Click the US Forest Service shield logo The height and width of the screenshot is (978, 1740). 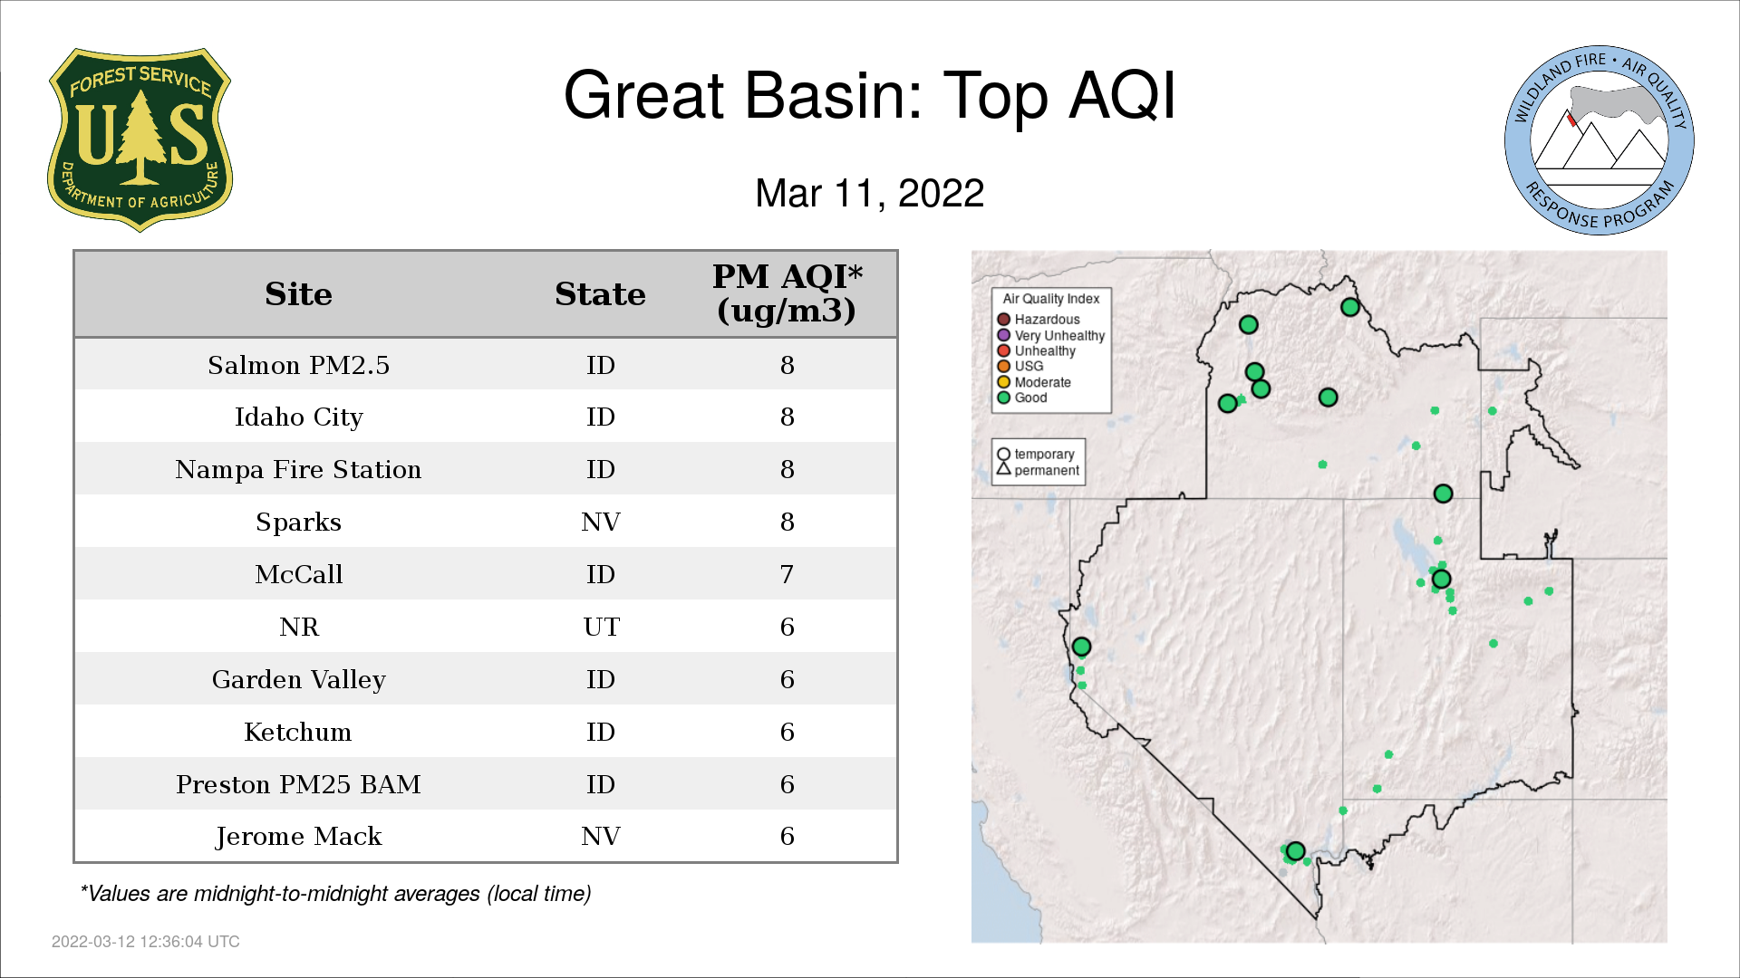click(x=140, y=140)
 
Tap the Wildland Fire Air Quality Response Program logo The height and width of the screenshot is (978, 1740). click(x=1600, y=140)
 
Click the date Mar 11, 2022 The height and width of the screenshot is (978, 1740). click(x=870, y=194)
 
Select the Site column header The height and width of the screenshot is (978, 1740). click(x=298, y=294)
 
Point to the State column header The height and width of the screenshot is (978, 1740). click(x=600, y=294)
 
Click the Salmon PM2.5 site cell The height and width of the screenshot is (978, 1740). click(x=298, y=365)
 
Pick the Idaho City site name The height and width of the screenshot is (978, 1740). click(x=298, y=417)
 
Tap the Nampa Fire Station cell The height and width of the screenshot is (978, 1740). click(x=298, y=469)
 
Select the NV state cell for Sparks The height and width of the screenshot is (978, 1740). click(x=600, y=522)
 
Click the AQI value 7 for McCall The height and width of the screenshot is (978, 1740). click(x=787, y=574)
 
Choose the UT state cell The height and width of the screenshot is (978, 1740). click(x=601, y=627)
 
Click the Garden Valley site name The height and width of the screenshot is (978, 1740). click(x=298, y=680)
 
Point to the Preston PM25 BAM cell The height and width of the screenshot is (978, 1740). click(x=298, y=784)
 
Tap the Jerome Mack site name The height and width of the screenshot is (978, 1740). click(x=298, y=837)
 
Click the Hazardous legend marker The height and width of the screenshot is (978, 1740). click(x=1003, y=320)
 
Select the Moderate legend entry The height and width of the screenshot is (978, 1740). click(x=1034, y=382)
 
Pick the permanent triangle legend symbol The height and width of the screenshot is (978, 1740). click(x=1003, y=469)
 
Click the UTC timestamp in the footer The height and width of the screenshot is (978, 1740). click(x=146, y=942)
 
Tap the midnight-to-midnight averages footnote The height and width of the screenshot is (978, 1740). click(x=335, y=894)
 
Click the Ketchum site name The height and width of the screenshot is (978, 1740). click(x=298, y=732)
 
